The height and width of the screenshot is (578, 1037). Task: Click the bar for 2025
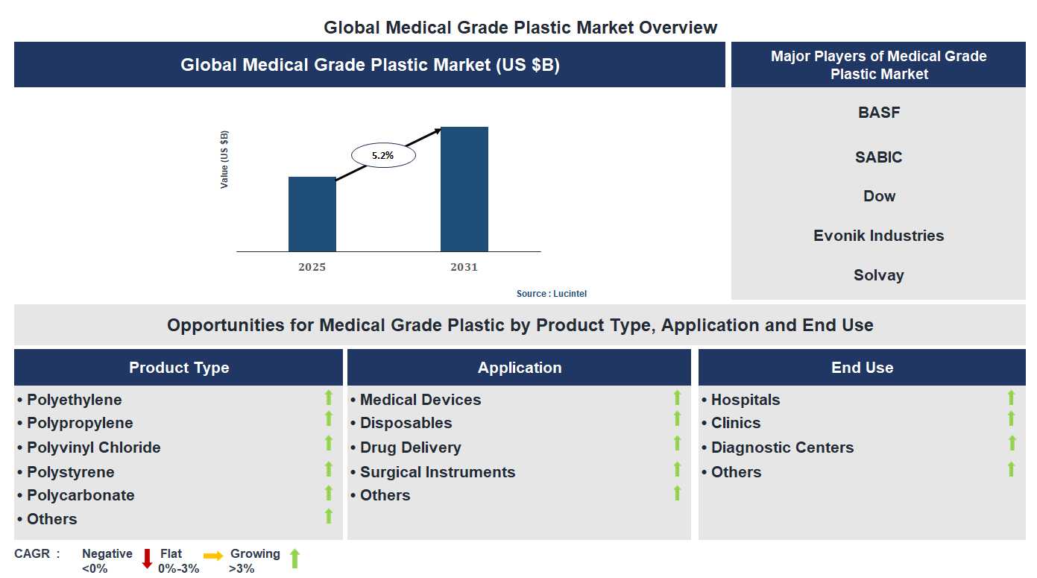pyautogui.click(x=312, y=214)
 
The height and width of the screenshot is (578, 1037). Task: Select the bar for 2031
pyautogui.click(x=464, y=189)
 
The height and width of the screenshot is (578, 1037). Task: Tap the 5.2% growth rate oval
pyautogui.click(x=382, y=156)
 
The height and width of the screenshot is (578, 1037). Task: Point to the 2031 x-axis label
pyautogui.click(x=464, y=267)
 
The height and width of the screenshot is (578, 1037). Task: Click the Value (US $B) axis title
pyautogui.click(x=224, y=160)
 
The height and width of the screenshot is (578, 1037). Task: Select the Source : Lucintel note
pyautogui.click(x=552, y=294)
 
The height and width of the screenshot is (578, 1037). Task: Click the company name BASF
pyautogui.click(x=879, y=113)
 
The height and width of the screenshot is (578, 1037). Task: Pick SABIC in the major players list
pyautogui.click(x=879, y=157)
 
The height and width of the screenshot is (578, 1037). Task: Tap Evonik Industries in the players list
pyautogui.click(x=879, y=236)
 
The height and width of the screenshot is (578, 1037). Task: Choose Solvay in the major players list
pyautogui.click(x=879, y=275)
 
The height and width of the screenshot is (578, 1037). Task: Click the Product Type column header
pyautogui.click(x=179, y=368)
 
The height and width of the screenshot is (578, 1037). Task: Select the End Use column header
pyautogui.click(x=862, y=368)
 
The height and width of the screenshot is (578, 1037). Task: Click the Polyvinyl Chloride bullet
pyautogui.click(x=93, y=447)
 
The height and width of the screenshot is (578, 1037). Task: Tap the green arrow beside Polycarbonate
pyautogui.click(x=328, y=493)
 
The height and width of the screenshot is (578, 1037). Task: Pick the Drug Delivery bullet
pyautogui.click(x=410, y=447)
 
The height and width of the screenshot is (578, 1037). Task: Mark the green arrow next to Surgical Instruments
pyautogui.click(x=677, y=469)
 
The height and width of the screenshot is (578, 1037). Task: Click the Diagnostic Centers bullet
pyautogui.click(x=782, y=447)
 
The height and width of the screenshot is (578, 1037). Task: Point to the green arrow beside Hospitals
pyautogui.click(x=1011, y=398)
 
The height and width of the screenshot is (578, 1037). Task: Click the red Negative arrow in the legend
pyautogui.click(x=147, y=559)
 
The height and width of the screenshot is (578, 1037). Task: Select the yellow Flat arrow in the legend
pyautogui.click(x=213, y=556)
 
